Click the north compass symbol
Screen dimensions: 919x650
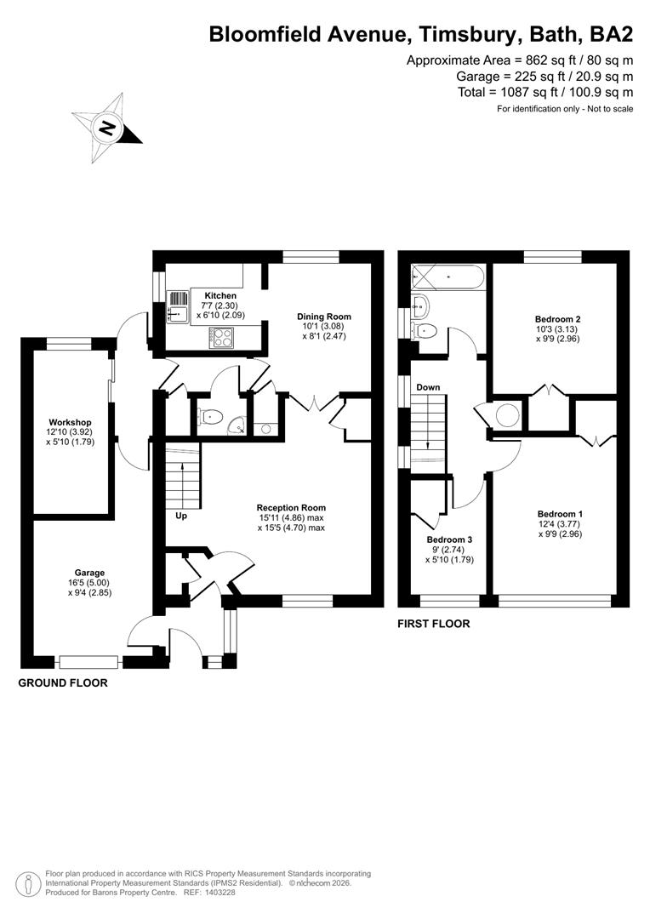coord(106,129)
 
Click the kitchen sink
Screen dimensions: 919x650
coord(178,306)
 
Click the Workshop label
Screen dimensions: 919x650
coord(70,422)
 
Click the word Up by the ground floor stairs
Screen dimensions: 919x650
coord(182,516)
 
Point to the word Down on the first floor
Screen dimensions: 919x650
coord(428,388)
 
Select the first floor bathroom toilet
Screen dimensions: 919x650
coord(425,330)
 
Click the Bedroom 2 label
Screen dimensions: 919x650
coord(558,319)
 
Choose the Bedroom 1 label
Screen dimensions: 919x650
coord(560,514)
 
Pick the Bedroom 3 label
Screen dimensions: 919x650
coord(450,540)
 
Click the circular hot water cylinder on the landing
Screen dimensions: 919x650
coord(508,415)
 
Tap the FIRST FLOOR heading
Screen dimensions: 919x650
coord(434,624)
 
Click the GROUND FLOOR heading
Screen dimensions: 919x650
coord(63,682)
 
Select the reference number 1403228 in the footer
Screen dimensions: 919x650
coord(214,893)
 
